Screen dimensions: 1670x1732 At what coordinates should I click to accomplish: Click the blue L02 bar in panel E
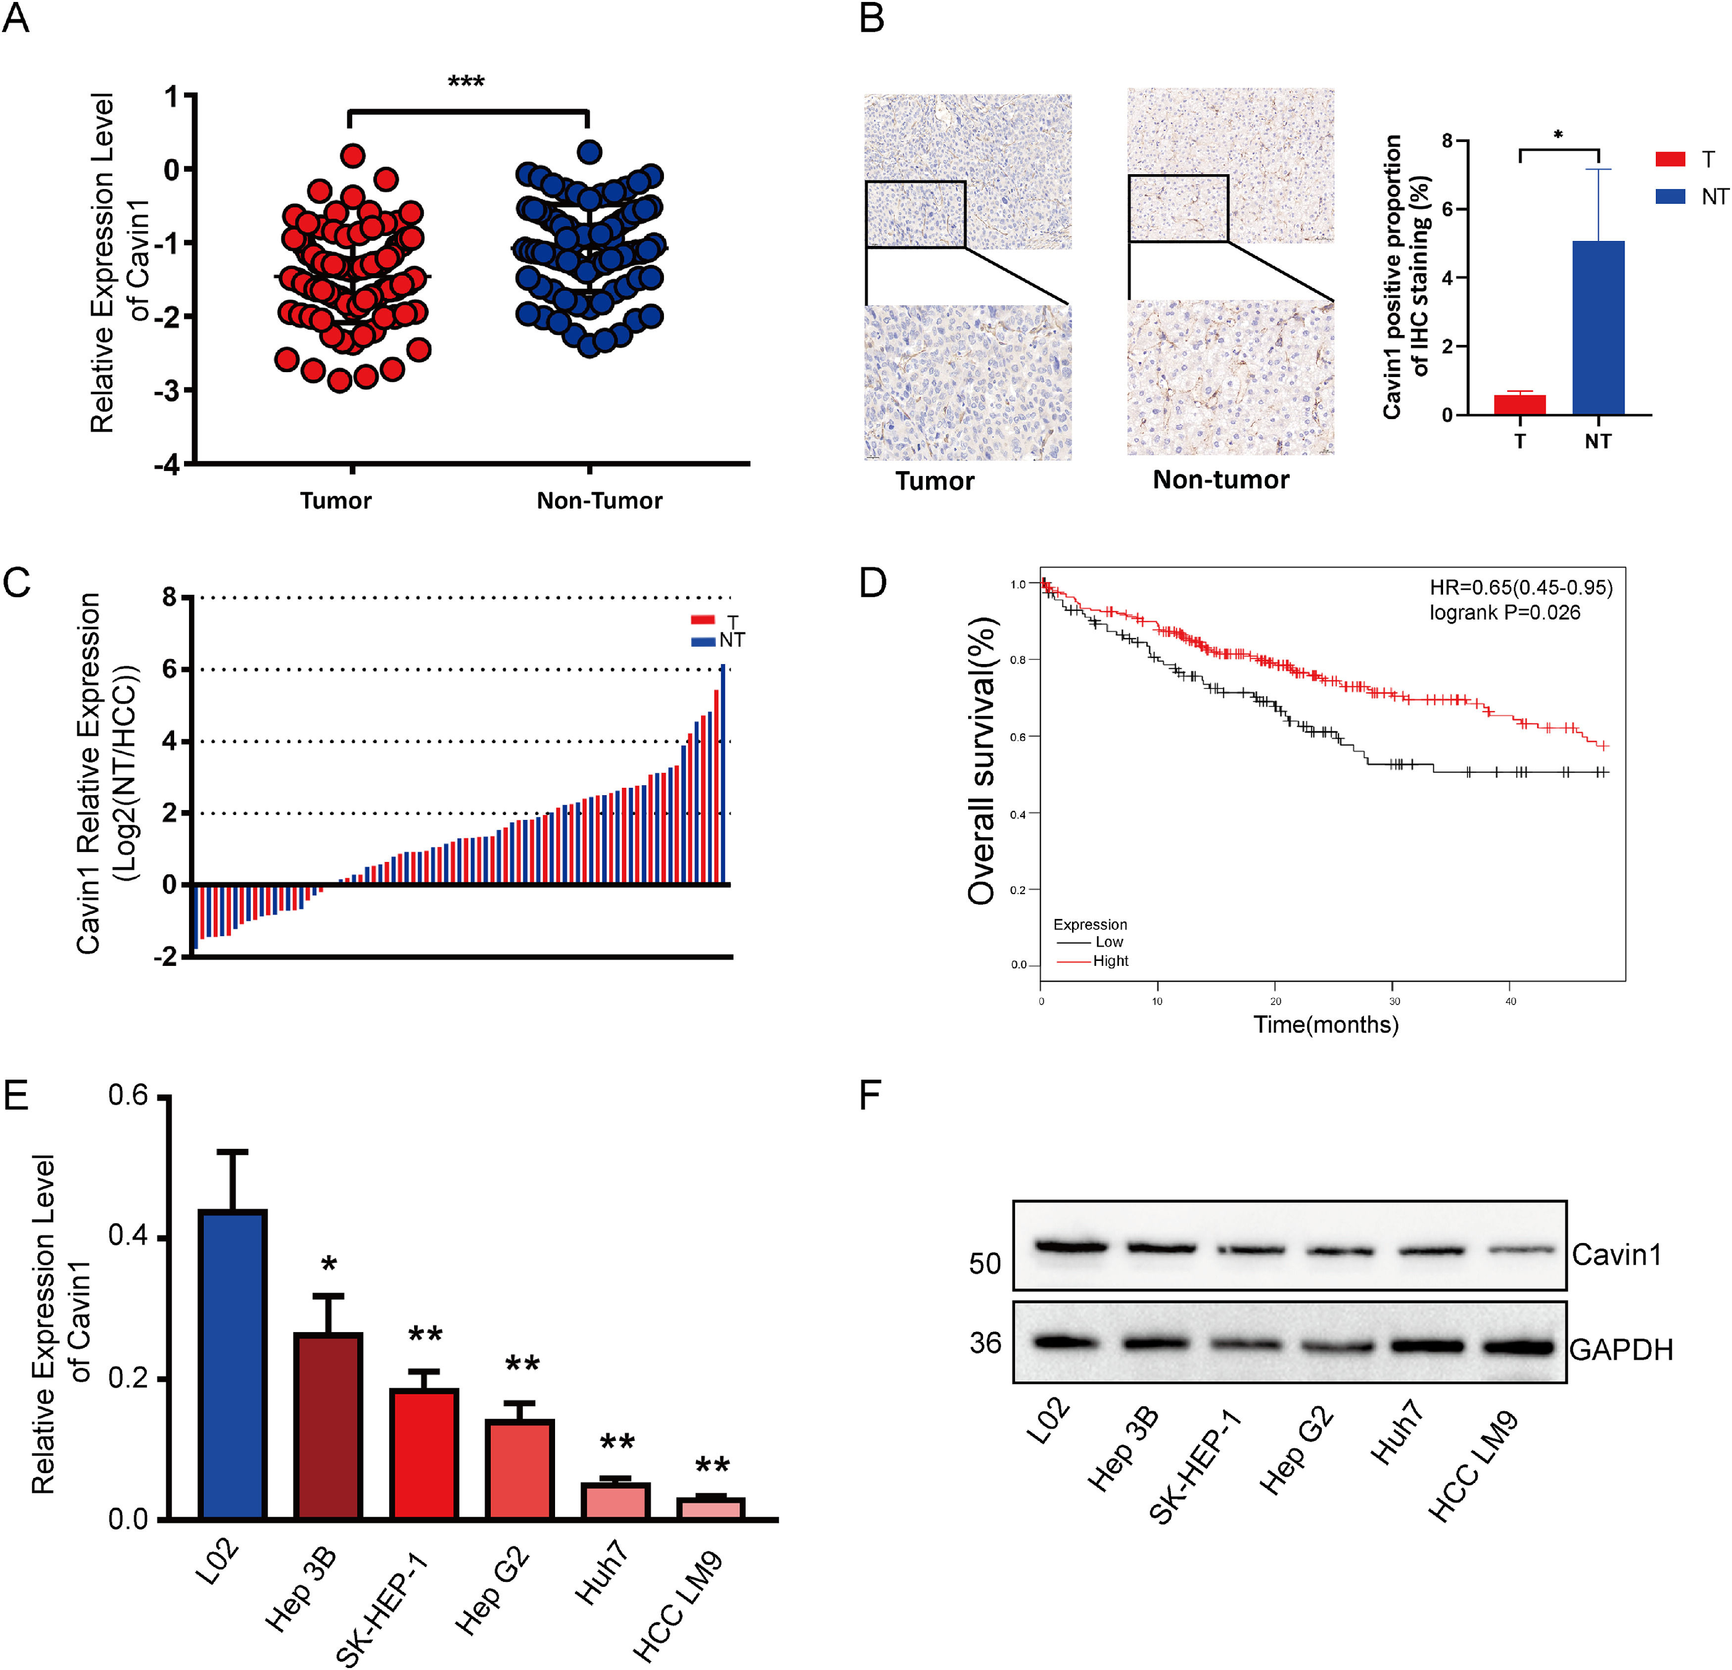233,1366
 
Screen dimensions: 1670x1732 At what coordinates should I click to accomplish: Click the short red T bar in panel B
1519,405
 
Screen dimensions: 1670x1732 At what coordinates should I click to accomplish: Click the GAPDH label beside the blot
1621,1350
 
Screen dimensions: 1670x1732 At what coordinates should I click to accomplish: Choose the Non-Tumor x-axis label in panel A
599,501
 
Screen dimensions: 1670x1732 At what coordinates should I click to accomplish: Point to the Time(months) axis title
1325,1025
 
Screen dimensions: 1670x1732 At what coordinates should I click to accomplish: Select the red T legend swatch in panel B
1670,159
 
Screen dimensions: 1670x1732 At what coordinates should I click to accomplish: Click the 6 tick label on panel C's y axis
169,669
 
